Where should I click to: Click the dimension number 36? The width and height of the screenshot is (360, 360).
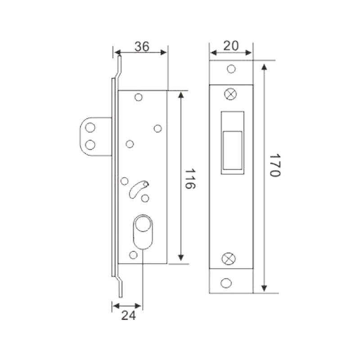[x=142, y=46]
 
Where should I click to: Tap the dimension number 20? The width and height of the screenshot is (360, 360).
[x=231, y=46]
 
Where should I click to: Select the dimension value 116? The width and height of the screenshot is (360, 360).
[x=190, y=179]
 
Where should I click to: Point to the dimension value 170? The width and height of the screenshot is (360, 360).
[x=275, y=165]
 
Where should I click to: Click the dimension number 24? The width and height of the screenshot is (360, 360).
[x=128, y=315]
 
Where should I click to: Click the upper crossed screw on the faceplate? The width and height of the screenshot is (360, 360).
[x=230, y=94]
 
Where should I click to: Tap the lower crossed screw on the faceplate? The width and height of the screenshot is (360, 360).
[x=229, y=258]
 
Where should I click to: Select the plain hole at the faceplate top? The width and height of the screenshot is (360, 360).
[x=231, y=69]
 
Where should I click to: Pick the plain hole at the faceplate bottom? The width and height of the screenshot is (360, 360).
[x=226, y=283]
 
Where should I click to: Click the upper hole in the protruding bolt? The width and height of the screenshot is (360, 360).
[x=90, y=128]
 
